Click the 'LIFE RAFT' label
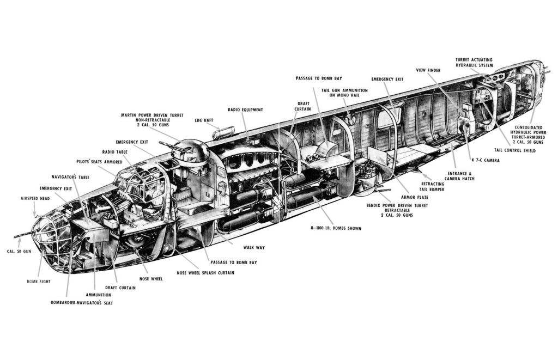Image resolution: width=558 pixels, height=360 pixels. click(x=204, y=120)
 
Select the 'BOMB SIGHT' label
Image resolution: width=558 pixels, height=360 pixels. click(x=38, y=282)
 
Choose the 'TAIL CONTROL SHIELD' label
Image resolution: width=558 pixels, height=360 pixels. click(x=514, y=150)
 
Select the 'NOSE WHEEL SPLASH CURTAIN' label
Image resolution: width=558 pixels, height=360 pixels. click(x=205, y=272)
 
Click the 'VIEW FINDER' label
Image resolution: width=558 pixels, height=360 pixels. click(x=428, y=70)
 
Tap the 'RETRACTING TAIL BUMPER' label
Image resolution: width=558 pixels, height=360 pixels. click(x=433, y=186)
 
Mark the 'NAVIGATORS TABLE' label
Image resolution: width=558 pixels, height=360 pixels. click(x=70, y=177)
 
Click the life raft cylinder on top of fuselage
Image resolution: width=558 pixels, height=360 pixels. click(x=224, y=132)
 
